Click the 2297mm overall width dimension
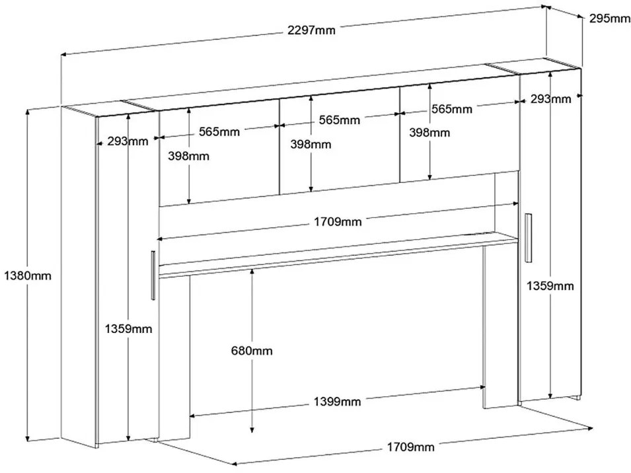311,31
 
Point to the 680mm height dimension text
252,351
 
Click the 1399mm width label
337,401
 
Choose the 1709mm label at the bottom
411,447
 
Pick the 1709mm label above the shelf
338,221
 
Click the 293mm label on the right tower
551,99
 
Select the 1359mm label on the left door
128,328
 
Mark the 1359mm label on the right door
550,285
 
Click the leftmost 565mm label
219,131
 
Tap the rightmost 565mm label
453,109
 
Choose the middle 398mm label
311,144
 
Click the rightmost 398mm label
429,132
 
